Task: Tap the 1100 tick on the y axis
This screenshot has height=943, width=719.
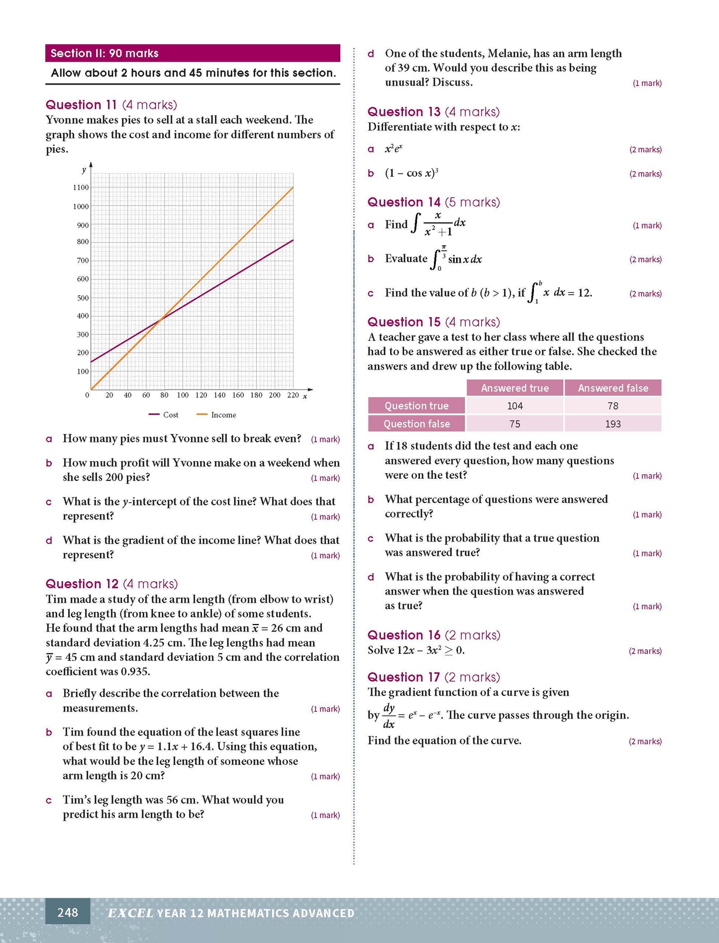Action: [81, 188]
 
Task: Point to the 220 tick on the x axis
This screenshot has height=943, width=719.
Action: [293, 395]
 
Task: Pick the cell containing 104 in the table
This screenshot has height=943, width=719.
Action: [515, 406]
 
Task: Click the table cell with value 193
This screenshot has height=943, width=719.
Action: [613, 424]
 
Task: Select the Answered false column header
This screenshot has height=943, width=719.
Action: [613, 388]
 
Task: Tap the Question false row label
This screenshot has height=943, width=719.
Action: [416, 424]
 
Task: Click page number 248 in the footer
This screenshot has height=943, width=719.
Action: [68, 912]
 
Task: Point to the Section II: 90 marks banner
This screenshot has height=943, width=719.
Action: [193, 53]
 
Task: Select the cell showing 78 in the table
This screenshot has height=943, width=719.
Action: [613, 406]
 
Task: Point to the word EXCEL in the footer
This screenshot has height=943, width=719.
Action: [131, 913]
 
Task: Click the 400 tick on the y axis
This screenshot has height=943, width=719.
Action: [83, 316]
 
